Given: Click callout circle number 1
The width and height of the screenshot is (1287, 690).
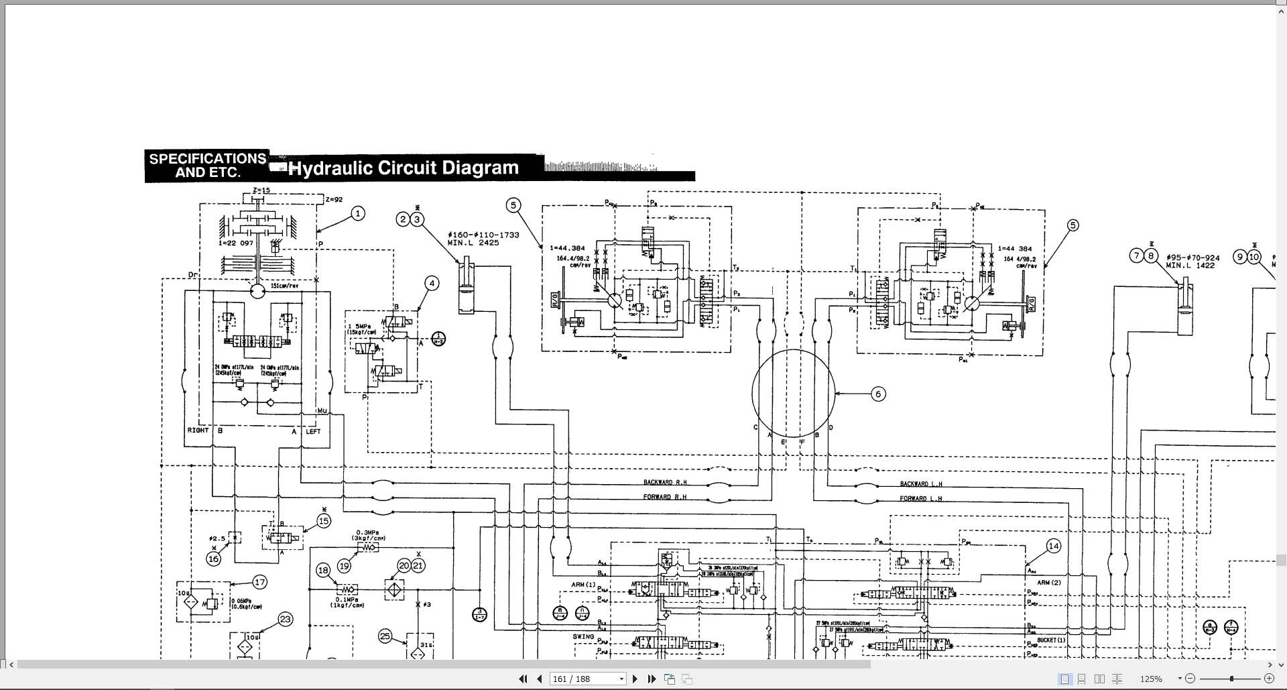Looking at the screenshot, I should point(358,214).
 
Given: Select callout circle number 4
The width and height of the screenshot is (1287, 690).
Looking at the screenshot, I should point(432,284).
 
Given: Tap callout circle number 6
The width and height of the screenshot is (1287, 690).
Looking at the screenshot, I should point(878,394).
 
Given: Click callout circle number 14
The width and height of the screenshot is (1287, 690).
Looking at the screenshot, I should point(1053,547).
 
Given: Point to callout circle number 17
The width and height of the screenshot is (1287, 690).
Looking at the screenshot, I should point(260,582).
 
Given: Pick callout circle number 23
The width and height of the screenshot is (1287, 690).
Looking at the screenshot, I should point(286,620).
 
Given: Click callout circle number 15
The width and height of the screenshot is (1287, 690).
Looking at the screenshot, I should point(324,521).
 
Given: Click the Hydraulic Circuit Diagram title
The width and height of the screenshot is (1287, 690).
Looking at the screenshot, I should point(404,168).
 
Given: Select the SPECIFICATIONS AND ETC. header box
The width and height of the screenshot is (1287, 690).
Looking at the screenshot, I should point(207,166).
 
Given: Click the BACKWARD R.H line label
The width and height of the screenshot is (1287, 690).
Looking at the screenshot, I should point(665,483).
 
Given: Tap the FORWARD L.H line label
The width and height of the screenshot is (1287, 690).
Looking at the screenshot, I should point(920,499).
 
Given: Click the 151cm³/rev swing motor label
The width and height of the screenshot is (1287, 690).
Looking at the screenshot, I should point(284,286).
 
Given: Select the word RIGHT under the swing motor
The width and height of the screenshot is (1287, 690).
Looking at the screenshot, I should point(198,430).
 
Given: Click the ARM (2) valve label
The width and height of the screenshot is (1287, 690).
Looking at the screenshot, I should point(1048,583).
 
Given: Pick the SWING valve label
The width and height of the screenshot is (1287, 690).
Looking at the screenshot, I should point(583,636).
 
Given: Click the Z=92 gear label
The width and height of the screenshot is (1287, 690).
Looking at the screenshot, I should point(334,200).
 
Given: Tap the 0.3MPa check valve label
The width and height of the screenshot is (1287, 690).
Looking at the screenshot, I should point(369,533).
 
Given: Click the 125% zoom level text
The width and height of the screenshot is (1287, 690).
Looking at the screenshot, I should point(1151,679).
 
